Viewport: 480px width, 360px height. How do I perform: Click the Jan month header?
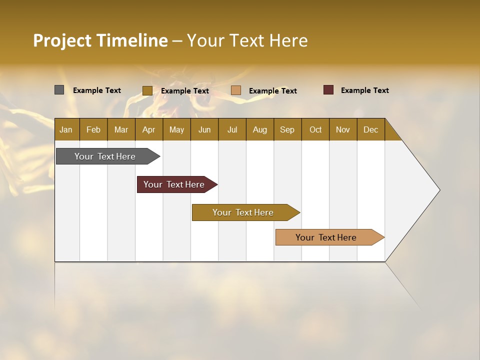(66, 129)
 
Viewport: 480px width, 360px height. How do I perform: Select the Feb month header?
(93, 129)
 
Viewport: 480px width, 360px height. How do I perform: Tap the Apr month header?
(148, 129)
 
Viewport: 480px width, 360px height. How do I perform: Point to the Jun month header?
(204, 129)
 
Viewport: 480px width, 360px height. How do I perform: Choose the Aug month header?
(259, 129)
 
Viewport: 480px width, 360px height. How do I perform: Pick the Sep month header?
(287, 129)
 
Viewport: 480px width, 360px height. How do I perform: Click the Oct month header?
(315, 129)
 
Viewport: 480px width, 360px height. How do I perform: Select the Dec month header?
(370, 129)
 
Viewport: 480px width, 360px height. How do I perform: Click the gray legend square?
(59, 90)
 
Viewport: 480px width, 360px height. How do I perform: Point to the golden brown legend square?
(147, 90)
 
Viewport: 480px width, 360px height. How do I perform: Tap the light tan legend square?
(236, 90)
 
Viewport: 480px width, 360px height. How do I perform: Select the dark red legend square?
(328, 90)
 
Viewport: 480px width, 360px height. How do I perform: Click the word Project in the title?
(62, 40)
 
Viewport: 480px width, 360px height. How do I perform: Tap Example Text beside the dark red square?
(364, 90)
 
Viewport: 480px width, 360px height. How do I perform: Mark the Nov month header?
(343, 129)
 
